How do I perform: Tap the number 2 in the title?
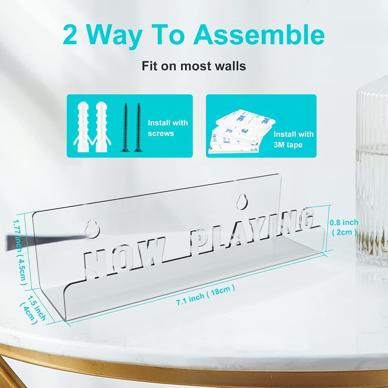point(70,34)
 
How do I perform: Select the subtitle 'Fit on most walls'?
point(194,66)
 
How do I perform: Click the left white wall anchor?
point(83,127)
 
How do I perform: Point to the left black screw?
point(125,128)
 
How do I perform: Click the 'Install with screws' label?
point(168,128)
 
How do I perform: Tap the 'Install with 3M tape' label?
point(294,139)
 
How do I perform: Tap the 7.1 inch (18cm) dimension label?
point(206,295)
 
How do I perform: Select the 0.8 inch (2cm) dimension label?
point(344,227)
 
